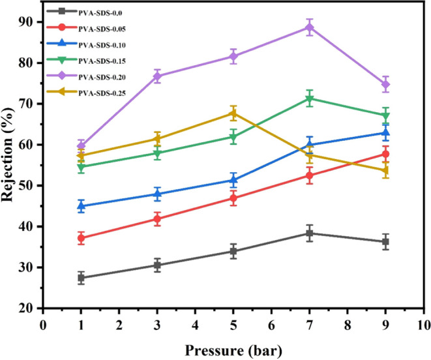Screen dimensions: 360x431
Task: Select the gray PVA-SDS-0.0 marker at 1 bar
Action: click(x=81, y=278)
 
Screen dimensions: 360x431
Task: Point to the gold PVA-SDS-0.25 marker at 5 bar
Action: click(x=233, y=113)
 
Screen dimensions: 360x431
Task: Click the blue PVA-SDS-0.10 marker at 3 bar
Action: click(x=157, y=194)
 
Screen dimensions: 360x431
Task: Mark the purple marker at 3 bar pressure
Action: click(x=157, y=76)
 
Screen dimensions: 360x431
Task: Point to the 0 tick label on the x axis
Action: click(x=43, y=324)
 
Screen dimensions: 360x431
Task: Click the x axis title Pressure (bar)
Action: click(x=233, y=350)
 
